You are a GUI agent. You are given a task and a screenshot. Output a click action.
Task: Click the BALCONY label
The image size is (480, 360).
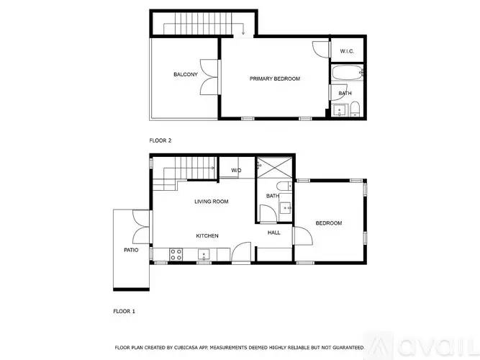click(185, 74)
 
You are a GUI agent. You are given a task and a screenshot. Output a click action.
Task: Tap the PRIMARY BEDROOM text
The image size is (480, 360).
click(275, 78)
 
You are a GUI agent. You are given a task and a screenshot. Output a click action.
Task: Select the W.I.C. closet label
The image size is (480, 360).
click(346, 50)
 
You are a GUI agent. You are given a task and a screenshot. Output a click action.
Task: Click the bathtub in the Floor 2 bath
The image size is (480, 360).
click(348, 73)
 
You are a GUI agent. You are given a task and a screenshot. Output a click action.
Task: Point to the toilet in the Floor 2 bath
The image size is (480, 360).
click(355, 109)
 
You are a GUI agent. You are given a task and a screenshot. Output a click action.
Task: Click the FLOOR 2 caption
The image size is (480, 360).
click(160, 140)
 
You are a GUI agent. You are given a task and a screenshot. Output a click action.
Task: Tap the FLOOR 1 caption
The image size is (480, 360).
click(124, 311)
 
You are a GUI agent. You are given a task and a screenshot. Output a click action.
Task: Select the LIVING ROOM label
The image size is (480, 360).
click(212, 202)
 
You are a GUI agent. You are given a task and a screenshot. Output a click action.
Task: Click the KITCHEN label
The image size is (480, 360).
click(207, 235)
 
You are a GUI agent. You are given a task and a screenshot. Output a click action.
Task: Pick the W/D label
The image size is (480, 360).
click(236, 171)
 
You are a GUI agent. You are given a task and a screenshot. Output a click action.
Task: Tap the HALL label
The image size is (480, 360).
click(274, 233)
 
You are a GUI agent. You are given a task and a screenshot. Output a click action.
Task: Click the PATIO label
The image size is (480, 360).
click(131, 250)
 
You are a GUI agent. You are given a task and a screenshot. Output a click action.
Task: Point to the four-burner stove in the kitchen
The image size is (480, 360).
click(175, 253)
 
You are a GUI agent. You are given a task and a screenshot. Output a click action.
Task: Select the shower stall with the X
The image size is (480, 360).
click(273, 167)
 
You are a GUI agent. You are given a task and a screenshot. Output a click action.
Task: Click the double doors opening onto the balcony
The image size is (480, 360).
click(210, 74)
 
